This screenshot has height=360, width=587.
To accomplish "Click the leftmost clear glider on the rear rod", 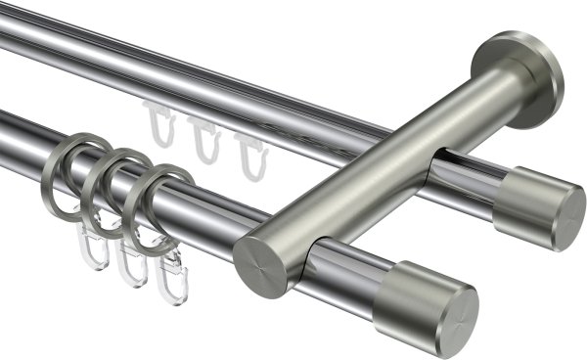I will click(x=158, y=124).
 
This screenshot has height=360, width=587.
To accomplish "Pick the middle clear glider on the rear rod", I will click(x=203, y=140).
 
